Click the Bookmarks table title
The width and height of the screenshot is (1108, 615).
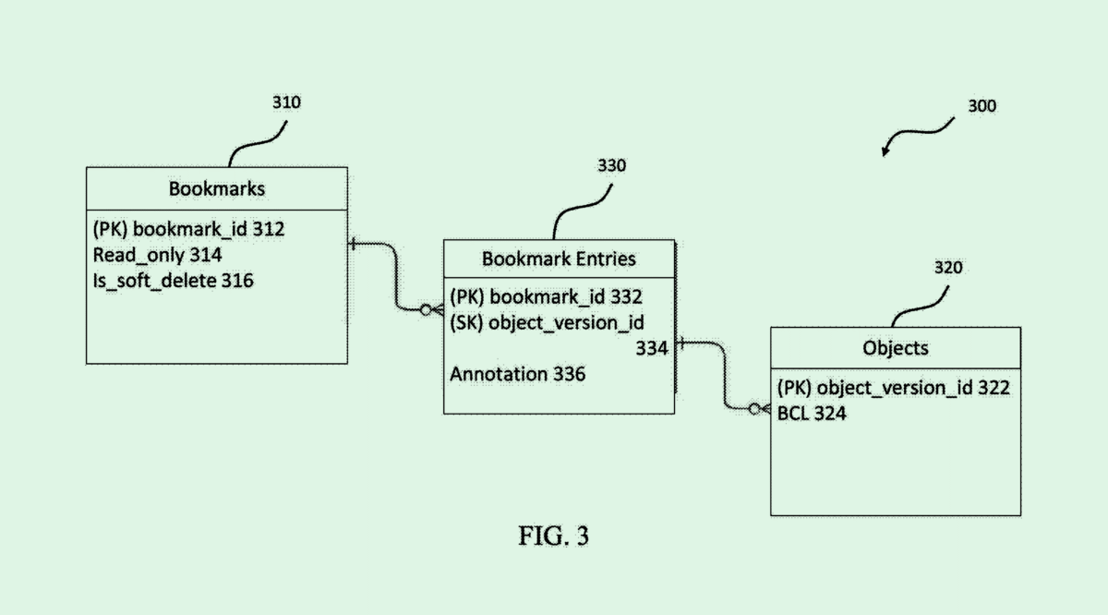point(216,188)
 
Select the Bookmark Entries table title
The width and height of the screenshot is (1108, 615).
point(559,259)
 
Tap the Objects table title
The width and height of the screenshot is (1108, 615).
point(895,348)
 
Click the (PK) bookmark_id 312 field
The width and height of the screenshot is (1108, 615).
point(188,229)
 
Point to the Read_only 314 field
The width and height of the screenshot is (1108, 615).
point(157,254)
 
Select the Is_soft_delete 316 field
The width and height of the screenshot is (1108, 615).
point(173,279)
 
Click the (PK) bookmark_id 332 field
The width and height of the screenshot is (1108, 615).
point(546,296)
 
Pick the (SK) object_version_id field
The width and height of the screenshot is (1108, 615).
point(547,322)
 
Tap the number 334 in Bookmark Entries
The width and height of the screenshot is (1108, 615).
point(652,348)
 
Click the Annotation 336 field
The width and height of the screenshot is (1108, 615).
point(517,374)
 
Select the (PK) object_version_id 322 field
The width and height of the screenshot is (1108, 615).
point(893,388)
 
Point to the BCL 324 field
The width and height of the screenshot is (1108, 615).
point(812,414)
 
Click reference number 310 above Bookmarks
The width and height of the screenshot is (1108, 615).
point(285,102)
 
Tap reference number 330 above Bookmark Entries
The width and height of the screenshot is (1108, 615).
point(610,166)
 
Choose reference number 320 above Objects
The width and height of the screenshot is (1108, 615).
point(947,268)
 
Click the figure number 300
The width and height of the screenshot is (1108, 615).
point(982,106)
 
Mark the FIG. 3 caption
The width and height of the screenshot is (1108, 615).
point(553,537)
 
